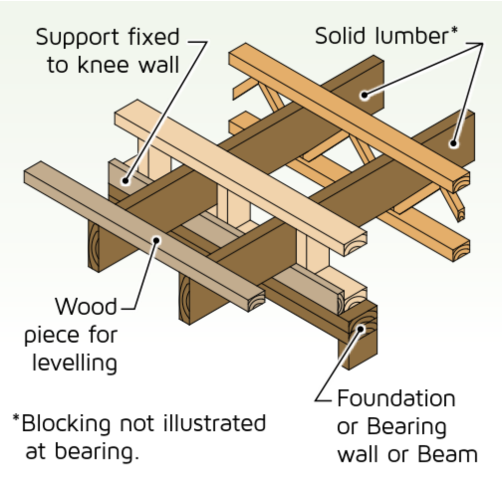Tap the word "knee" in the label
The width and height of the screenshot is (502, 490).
pyautogui.click(x=104, y=65)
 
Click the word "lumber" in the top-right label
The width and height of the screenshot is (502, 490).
pyautogui.click(x=411, y=35)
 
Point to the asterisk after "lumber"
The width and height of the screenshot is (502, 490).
pyautogui.click(x=454, y=31)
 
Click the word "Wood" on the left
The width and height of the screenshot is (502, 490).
pyautogui.click(x=86, y=306)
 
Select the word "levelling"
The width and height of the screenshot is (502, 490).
pyautogui.click(x=75, y=363)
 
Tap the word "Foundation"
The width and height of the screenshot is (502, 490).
pyautogui.click(x=396, y=398)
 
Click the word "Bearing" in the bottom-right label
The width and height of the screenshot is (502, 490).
pyautogui.click(x=406, y=427)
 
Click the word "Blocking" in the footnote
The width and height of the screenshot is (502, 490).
pyautogui.click(x=66, y=423)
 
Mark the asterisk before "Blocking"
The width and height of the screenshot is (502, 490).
pyautogui.click(x=16, y=418)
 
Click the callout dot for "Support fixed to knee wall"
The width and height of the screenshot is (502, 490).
pyautogui.click(x=125, y=181)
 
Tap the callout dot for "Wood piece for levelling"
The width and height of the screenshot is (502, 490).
pyautogui.click(x=156, y=240)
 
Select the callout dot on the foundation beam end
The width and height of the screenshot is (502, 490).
pyautogui.click(x=361, y=329)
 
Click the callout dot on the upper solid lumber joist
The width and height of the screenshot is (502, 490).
pyautogui.click(x=364, y=95)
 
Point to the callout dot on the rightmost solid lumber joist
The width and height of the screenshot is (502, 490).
pyautogui.click(x=453, y=143)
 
